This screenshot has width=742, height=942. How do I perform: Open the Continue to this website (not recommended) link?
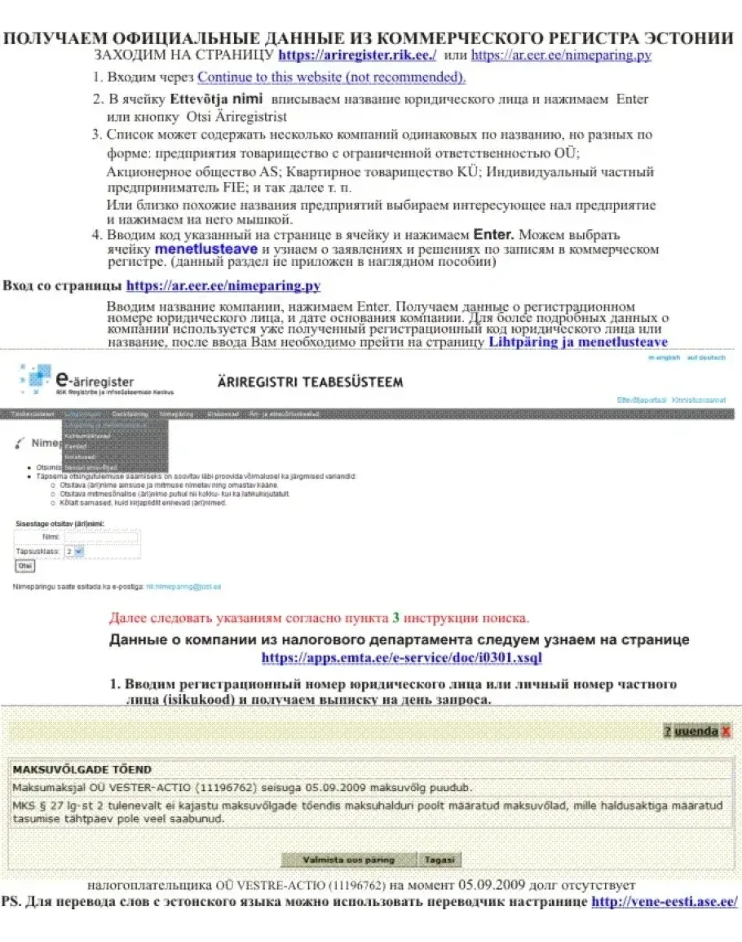(x=331, y=77)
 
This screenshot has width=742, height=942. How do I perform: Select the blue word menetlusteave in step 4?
(x=205, y=249)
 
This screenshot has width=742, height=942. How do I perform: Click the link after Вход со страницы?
(x=223, y=286)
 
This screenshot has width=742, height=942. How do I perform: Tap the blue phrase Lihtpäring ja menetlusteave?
(x=577, y=343)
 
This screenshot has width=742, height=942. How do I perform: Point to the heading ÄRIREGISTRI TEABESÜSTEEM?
(x=310, y=383)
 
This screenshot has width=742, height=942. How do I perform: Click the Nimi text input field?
(x=101, y=537)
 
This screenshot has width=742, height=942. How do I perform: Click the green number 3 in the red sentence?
(x=395, y=617)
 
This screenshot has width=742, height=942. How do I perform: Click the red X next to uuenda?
(x=726, y=732)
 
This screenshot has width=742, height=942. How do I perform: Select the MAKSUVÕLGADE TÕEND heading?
(x=82, y=769)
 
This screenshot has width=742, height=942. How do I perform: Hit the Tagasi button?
(x=439, y=860)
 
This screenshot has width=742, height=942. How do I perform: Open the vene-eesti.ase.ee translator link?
(x=664, y=902)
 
